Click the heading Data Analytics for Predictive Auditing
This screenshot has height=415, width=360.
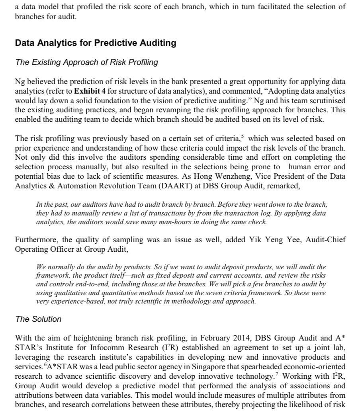(95, 43)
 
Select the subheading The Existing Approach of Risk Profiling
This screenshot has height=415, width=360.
(86, 62)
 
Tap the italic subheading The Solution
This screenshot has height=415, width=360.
(38, 319)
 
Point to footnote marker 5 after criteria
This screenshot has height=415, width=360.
(243, 137)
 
